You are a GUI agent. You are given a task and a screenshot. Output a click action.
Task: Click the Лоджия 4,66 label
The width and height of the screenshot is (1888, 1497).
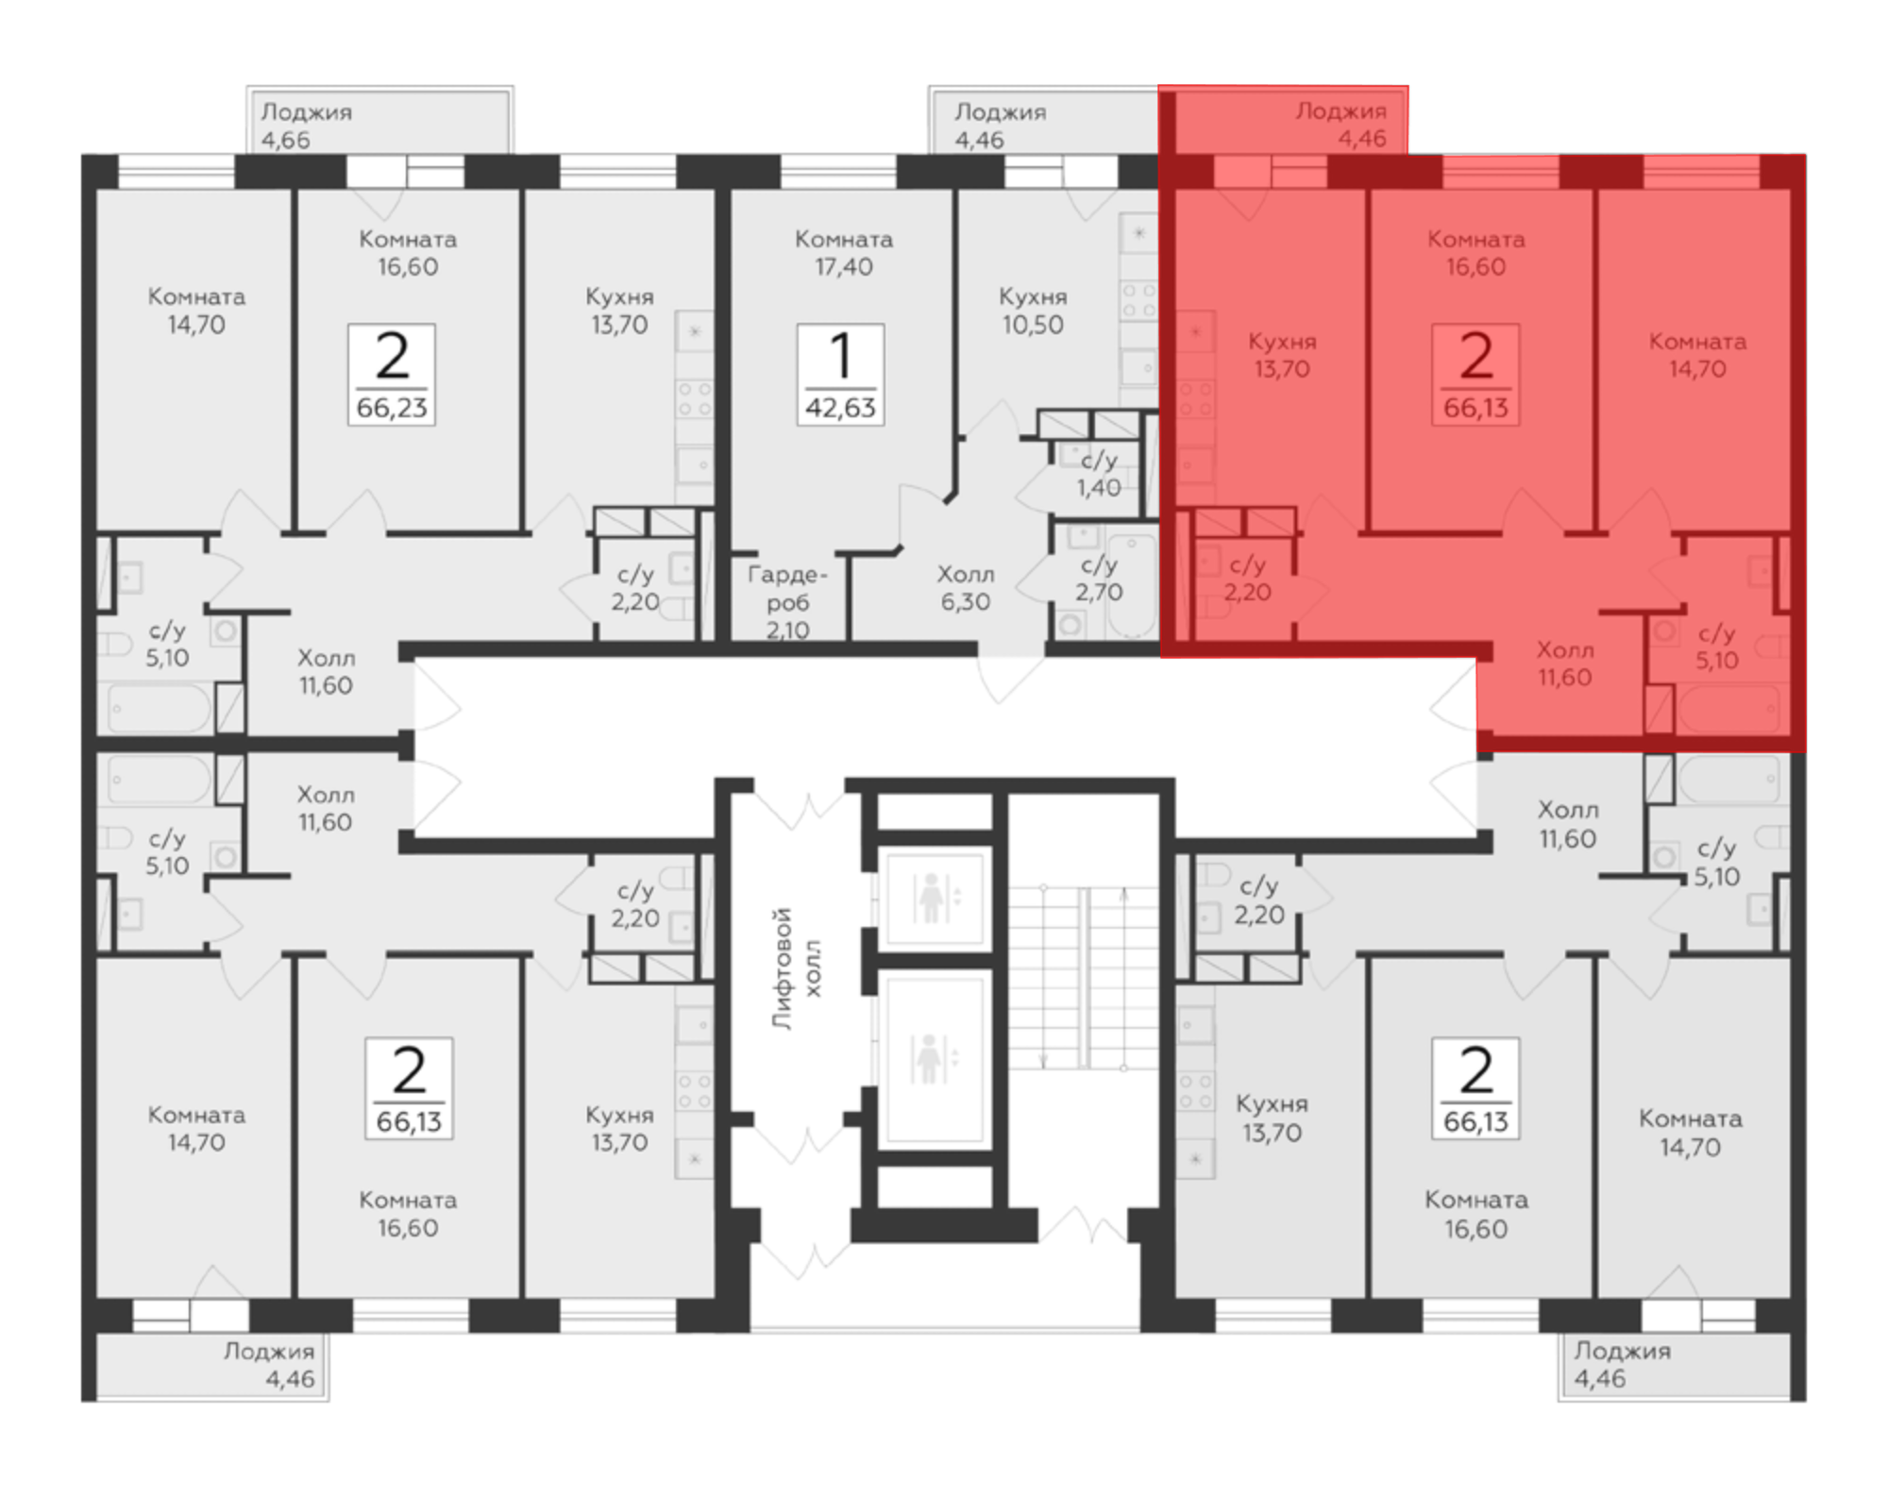click(306, 126)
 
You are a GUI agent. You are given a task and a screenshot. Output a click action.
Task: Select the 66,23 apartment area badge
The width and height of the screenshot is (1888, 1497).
click(392, 375)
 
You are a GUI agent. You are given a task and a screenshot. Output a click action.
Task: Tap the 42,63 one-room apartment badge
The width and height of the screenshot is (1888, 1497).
click(840, 375)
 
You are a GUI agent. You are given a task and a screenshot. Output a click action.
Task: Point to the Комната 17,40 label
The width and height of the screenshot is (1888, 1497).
click(844, 253)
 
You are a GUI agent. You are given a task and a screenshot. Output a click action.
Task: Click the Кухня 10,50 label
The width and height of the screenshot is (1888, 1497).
click(1033, 311)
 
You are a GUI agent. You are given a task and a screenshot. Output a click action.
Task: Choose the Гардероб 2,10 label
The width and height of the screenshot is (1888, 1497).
click(787, 602)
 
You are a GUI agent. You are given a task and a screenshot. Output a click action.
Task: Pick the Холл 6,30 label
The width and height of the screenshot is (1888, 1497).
click(965, 588)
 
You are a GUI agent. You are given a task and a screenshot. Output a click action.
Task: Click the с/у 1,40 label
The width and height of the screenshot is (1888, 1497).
click(1099, 474)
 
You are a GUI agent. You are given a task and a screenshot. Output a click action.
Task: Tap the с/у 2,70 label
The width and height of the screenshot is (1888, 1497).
click(1099, 579)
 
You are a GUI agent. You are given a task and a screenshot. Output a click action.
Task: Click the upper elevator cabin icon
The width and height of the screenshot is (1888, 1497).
click(932, 898)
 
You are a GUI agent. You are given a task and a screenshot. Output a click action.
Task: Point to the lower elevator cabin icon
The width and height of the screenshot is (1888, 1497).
click(932, 1058)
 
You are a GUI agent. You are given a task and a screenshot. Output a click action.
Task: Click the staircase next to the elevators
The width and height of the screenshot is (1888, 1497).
click(1083, 977)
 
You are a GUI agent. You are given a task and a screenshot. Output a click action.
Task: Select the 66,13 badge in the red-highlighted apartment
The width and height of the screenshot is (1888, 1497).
click(1475, 375)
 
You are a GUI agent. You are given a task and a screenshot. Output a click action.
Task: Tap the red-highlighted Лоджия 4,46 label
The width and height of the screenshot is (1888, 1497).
click(1341, 125)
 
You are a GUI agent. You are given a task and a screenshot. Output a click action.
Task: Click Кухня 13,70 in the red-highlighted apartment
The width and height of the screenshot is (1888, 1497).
click(1282, 355)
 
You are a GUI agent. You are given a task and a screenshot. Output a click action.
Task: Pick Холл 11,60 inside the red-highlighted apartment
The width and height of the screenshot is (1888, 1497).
click(1565, 664)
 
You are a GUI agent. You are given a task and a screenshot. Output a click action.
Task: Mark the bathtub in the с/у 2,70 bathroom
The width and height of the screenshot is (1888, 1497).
click(1131, 586)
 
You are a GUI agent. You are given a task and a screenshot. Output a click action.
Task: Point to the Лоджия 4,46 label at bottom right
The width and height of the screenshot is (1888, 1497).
click(1622, 1365)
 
